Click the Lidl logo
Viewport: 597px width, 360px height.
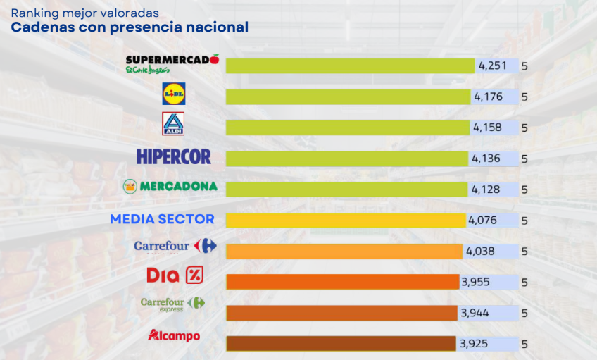coord(174,94)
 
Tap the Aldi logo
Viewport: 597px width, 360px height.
coord(173,124)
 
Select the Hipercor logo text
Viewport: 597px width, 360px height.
coord(174,156)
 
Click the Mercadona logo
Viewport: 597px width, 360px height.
coord(169,187)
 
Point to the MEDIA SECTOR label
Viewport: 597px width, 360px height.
coord(162,219)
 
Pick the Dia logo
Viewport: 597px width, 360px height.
coord(175,275)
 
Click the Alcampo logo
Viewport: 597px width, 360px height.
coord(174,335)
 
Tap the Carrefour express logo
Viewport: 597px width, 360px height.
coord(172,304)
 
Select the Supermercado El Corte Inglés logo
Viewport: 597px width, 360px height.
coord(172,63)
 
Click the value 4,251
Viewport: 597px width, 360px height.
coord(492,66)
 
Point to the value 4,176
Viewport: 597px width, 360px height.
coord(488,97)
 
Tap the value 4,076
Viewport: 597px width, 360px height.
coord(482,220)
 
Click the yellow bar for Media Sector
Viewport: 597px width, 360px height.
coord(346,220)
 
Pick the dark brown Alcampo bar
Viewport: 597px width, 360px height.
coord(341,344)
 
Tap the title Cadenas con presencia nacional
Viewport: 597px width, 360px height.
coord(130,27)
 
